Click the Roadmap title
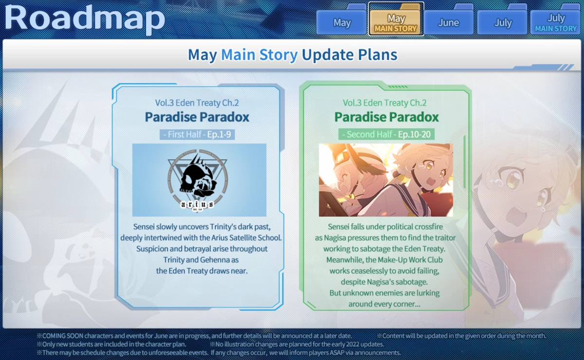click(85, 18)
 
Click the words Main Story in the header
click(259, 55)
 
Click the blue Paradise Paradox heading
click(197, 117)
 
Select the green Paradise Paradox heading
click(386, 117)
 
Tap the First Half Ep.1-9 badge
click(197, 134)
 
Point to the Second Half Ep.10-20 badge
click(386, 134)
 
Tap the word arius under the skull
click(197, 204)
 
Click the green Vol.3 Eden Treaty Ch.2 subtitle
click(384, 103)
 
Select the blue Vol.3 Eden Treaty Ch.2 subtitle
click(197, 103)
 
